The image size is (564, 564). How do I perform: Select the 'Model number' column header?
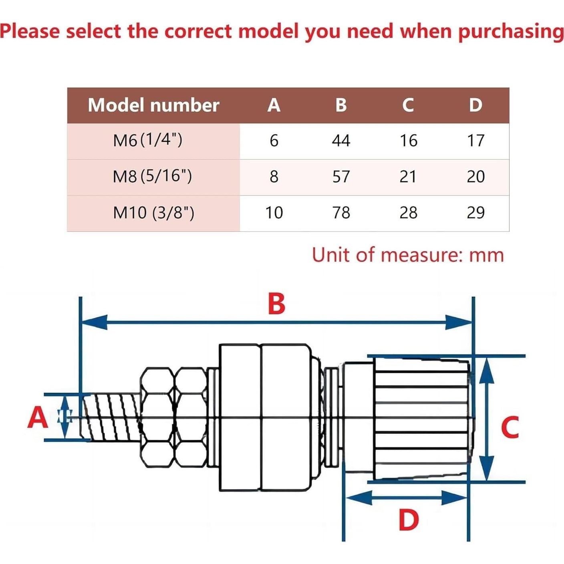[153, 105]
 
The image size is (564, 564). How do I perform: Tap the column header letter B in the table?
[341, 105]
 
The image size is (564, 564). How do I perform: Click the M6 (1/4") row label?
[148, 140]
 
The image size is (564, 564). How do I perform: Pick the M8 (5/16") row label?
[152, 176]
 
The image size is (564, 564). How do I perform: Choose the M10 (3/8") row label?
[153, 212]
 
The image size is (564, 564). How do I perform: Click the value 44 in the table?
[341, 141]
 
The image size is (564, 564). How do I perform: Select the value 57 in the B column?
[341, 177]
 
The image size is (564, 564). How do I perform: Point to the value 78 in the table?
[341, 212]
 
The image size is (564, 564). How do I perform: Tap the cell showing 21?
[408, 177]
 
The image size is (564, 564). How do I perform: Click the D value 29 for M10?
[475, 212]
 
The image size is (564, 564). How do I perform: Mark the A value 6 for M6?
[274, 141]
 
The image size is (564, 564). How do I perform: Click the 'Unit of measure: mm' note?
[408, 255]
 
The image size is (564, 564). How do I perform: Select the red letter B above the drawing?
[276, 304]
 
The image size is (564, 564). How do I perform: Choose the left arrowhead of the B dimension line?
[94, 322]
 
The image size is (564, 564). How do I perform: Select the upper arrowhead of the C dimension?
[486, 371]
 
